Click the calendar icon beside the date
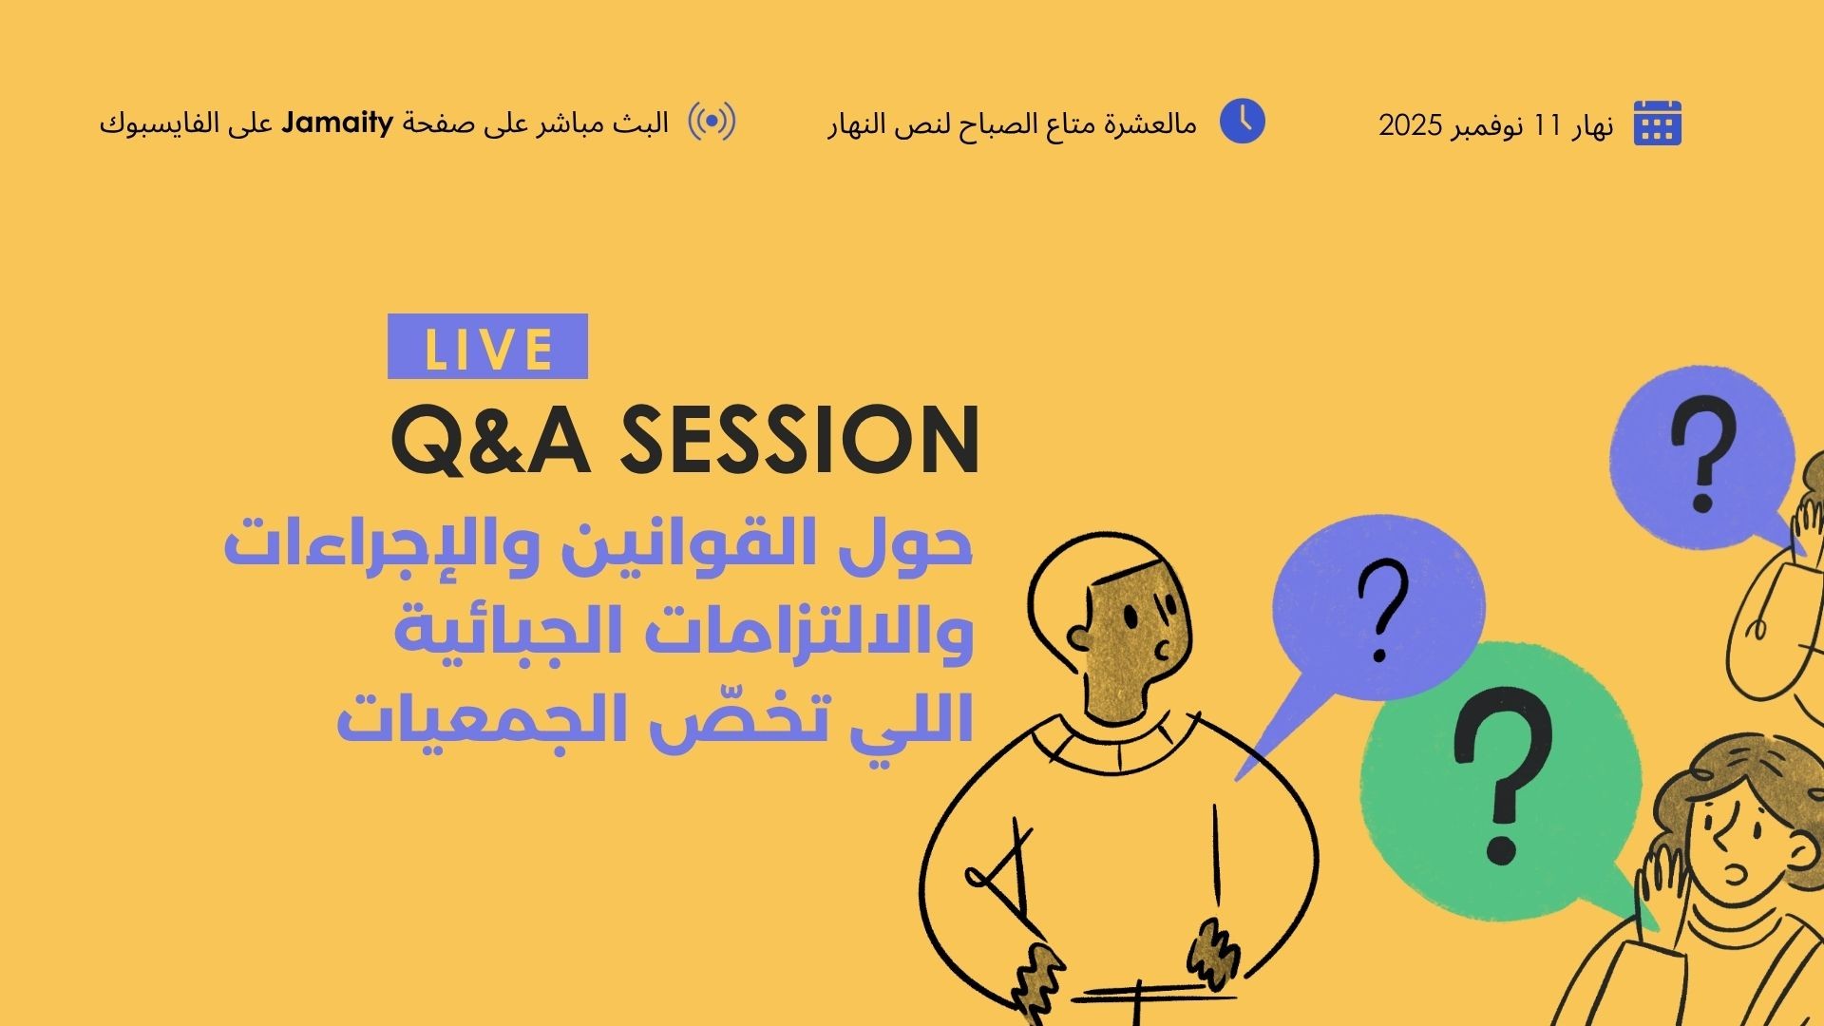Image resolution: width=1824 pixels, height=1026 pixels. [1658, 123]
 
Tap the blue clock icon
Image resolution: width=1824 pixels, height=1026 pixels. [1242, 121]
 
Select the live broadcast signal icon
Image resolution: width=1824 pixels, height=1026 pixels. [712, 122]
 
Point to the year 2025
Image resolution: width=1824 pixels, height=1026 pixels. [1411, 125]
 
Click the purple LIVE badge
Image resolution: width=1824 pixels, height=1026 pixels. [487, 347]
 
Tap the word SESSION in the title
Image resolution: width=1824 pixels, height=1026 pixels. [800, 440]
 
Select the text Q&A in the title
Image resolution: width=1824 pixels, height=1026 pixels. [491, 441]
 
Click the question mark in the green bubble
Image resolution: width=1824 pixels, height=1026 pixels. [1502, 777]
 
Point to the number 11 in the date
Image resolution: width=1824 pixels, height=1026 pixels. [1548, 125]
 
